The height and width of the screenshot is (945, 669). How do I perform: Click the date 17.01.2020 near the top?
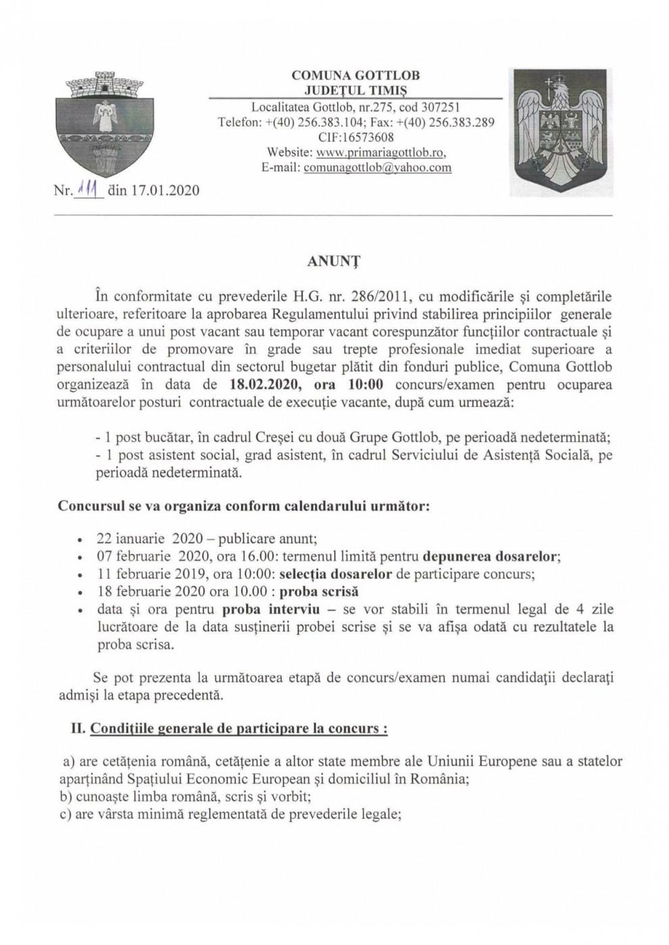pyautogui.click(x=165, y=191)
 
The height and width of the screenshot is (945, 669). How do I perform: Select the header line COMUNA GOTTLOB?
pyautogui.click(x=355, y=76)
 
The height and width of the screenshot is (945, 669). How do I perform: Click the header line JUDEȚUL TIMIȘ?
pyautogui.click(x=355, y=91)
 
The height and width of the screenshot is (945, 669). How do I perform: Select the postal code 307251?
pyautogui.click(x=439, y=107)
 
